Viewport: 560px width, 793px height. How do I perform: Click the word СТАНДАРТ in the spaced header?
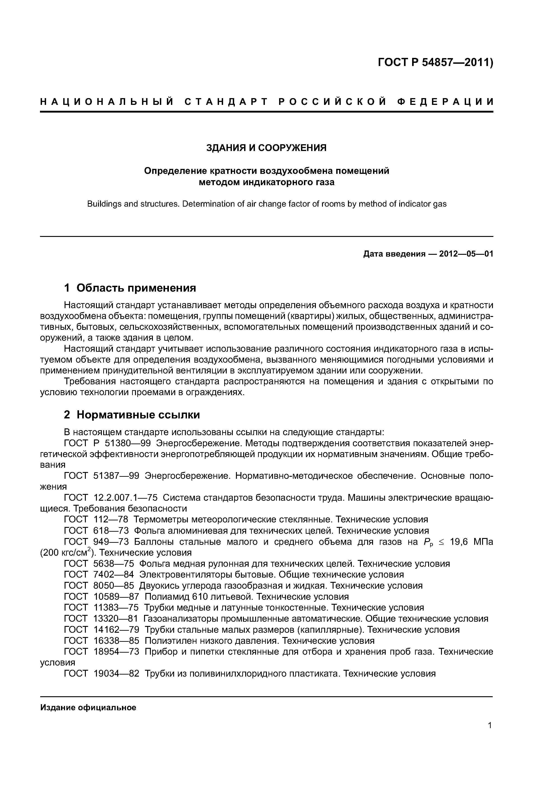(x=226, y=102)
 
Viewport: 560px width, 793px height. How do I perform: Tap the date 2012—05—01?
(x=466, y=254)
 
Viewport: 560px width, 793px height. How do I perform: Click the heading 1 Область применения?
(x=130, y=288)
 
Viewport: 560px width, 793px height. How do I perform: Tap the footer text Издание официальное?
(x=88, y=708)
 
